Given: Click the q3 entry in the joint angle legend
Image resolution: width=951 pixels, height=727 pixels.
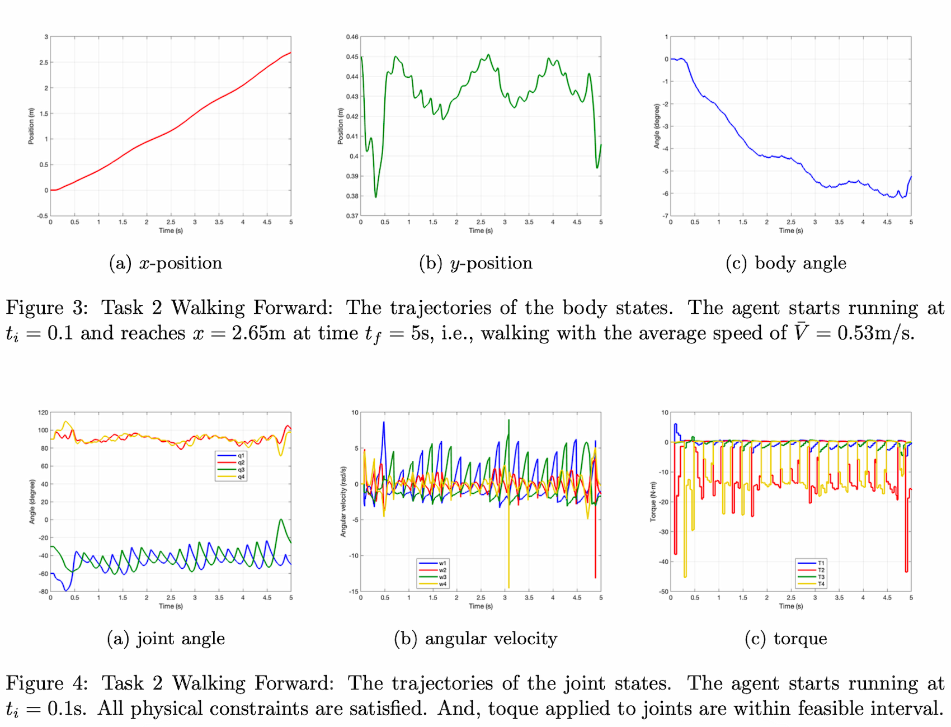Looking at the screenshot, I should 241,470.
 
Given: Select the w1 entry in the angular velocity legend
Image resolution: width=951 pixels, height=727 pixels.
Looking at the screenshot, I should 442,563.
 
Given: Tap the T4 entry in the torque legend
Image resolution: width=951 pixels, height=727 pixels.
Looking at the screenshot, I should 821,584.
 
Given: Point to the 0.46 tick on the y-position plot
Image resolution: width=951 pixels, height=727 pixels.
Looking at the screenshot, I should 352,37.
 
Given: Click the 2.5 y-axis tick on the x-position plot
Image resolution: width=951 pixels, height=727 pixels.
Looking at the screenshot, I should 44,63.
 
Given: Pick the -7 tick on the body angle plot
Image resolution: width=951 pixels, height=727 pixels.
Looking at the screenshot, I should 666,216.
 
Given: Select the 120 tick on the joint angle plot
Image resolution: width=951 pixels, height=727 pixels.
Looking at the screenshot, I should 43,413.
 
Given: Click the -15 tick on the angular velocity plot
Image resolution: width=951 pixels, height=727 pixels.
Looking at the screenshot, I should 354,591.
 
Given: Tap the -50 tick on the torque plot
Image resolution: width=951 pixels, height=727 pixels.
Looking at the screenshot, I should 664,591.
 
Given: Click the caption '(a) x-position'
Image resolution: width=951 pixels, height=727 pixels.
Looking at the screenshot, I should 166,263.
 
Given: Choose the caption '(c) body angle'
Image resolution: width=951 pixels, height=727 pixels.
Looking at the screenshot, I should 785,263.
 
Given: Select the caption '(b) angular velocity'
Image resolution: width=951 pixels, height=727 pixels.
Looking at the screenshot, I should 475,639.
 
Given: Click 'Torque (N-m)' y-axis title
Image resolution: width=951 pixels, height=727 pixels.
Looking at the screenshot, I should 653,502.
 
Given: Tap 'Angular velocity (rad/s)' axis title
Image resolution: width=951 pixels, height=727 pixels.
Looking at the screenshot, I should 343,502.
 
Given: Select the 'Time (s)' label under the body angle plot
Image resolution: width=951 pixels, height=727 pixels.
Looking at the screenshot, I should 791,230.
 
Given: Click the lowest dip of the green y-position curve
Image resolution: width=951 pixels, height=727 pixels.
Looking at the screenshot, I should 376,196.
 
